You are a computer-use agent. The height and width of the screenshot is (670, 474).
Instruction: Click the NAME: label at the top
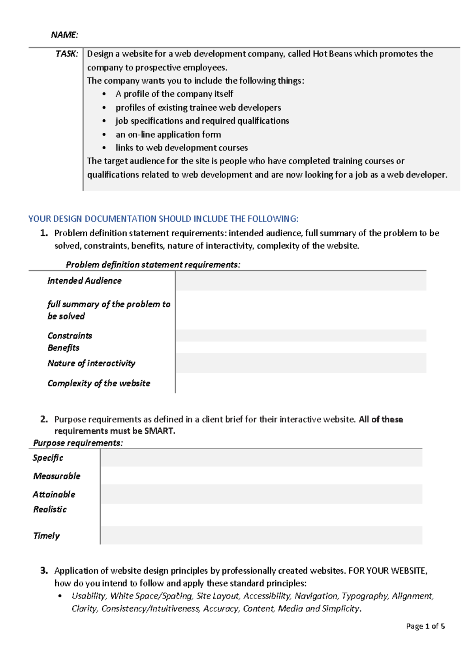pos(64,35)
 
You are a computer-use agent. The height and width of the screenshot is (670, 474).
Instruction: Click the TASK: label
pos(67,54)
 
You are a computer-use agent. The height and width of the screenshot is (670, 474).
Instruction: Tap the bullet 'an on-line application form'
pos(168,134)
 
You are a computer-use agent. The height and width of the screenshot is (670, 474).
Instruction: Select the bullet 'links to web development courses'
pos(181,148)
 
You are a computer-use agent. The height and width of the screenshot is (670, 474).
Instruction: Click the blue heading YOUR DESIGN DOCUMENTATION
pos(163,219)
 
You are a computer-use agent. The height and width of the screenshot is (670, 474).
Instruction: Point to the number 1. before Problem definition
pos(44,233)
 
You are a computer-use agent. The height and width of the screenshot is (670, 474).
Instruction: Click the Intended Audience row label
pos(84,280)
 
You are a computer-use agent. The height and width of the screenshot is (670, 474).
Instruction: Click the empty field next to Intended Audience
pos(301,281)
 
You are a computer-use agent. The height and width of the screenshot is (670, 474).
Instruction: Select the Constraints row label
pos(70,336)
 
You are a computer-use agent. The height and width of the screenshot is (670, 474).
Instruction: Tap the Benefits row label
pos(63,348)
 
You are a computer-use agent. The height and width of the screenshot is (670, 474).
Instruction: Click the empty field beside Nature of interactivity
pos(301,363)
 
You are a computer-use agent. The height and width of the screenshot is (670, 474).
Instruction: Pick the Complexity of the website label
pos(99,383)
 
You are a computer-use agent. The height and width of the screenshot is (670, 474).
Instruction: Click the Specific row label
pos(48,458)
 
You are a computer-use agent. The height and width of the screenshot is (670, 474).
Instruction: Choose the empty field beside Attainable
pos(261,494)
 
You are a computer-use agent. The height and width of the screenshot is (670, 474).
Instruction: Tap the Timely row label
pos(46,536)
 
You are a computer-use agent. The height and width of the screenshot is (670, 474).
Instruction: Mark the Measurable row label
pos(56,476)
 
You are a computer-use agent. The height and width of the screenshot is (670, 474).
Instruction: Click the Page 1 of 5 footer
pos(425,626)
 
